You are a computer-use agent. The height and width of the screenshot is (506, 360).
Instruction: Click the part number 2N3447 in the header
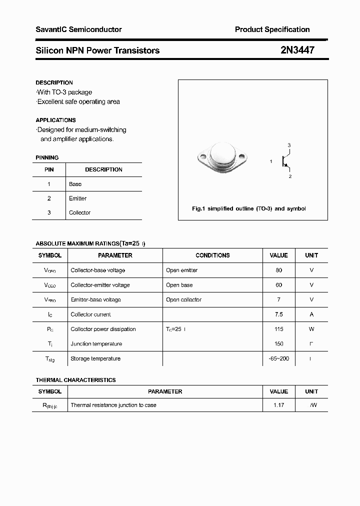point(297,50)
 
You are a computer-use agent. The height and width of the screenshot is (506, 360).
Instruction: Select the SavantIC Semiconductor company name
point(78,29)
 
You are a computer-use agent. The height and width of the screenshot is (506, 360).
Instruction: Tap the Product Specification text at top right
point(272,29)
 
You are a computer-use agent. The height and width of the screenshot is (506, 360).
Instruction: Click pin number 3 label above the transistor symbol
point(289,145)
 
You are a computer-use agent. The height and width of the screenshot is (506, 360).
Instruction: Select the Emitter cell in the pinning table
point(78,198)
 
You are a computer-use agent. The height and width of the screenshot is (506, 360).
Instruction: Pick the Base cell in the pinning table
point(75,184)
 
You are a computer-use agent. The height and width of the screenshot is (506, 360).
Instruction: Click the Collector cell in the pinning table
point(80,212)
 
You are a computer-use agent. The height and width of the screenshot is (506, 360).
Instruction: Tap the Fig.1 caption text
point(248,208)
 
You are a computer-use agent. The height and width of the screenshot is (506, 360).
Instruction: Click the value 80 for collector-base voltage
point(278,270)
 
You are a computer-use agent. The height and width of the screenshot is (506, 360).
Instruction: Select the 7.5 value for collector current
point(278,314)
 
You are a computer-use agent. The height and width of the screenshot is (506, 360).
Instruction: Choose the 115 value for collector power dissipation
point(278,329)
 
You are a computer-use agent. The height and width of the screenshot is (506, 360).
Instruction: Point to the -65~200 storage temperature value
point(278,358)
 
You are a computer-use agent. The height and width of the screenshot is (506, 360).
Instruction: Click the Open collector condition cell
point(183,299)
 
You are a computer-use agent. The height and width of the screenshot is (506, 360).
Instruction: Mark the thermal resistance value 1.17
point(278,405)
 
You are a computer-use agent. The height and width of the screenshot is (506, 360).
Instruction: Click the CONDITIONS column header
point(212,255)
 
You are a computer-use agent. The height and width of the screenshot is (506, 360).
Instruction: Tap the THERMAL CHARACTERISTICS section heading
point(75,380)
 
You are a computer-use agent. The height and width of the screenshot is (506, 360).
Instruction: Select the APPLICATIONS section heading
point(55,120)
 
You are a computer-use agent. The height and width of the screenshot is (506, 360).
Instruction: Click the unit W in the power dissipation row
point(311,329)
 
